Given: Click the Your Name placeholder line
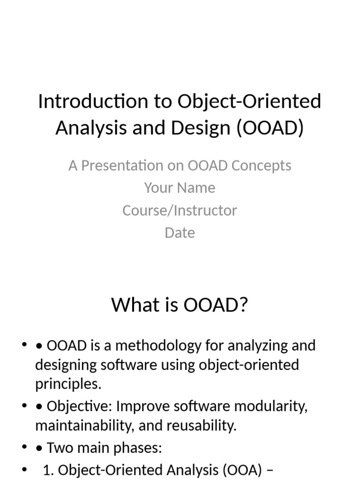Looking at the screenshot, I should click(x=180, y=188).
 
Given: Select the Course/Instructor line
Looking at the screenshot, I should click(x=180, y=210).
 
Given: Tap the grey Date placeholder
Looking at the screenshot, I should click(x=180, y=233).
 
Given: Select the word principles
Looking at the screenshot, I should click(x=67, y=384).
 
